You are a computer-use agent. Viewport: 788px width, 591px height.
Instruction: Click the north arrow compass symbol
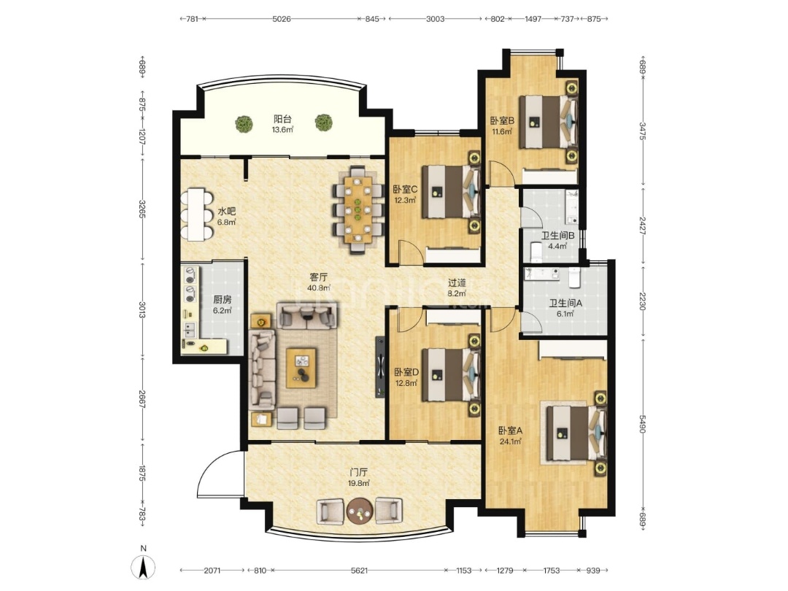coord(143,568)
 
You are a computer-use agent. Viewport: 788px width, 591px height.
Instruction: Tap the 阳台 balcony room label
coord(282,119)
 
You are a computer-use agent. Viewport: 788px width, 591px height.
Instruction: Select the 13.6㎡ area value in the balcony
coord(282,130)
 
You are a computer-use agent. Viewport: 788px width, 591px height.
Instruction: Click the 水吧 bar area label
coord(227,212)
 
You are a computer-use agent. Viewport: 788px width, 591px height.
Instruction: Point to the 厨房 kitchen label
coord(222,300)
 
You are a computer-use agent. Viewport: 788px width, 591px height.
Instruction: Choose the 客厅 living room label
coord(319,277)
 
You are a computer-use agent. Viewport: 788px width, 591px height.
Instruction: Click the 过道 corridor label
coord(457,283)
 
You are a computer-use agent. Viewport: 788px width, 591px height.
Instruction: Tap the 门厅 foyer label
coord(359,472)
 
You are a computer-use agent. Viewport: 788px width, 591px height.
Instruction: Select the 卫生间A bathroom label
coord(565,303)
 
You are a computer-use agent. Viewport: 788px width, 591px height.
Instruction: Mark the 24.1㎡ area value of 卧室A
coord(510,441)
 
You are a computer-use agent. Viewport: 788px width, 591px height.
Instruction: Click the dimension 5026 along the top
coord(282,19)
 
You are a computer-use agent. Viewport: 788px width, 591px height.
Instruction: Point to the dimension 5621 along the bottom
coord(359,571)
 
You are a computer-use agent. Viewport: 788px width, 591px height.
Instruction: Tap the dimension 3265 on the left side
coord(142,209)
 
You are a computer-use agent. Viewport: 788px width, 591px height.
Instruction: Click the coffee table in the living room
coord(301,368)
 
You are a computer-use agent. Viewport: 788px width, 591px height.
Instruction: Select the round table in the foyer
coord(360,511)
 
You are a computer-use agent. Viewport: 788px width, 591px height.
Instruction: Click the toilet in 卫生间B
coord(536,252)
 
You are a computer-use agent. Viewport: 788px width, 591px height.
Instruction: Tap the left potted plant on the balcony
coord(244,123)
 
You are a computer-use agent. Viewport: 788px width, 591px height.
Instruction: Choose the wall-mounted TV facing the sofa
coord(380,367)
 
